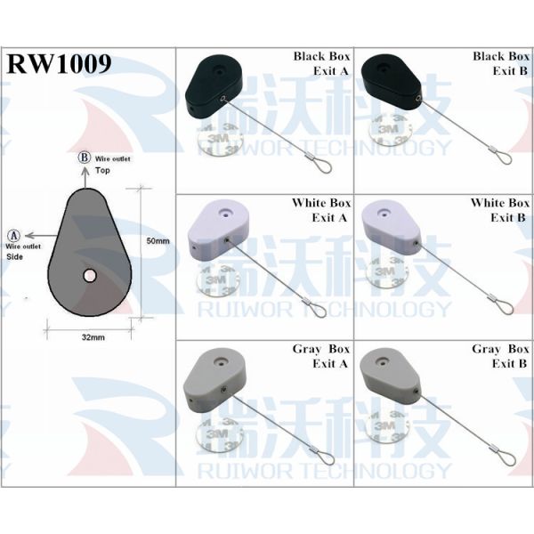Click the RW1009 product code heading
click(x=59, y=64)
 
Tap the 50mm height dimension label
click(x=158, y=241)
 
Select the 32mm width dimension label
click(x=93, y=338)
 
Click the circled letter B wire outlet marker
click(x=85, y=158)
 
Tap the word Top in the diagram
click(x=102, y=169)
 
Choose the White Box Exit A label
click(x=321, y=210)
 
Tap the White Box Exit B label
click(x=500, y=210)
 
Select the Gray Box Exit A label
click(x=321, y=356)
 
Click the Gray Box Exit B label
click(x=500, y=356)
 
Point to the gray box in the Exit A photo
click(x=215, y=378)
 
